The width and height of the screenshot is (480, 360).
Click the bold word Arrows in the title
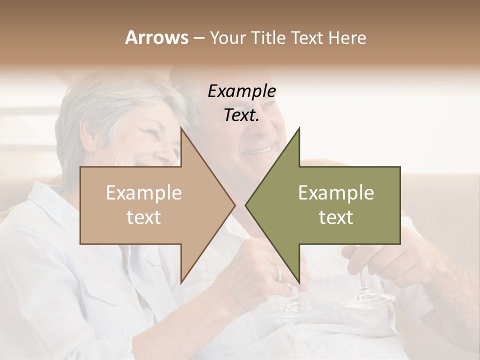coord(157,37)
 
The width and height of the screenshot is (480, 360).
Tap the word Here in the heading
coord(347,37)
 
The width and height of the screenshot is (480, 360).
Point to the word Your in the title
coord(227,37)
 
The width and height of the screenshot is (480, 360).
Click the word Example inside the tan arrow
coord(144,193)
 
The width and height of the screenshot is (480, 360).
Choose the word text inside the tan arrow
coord(144,217)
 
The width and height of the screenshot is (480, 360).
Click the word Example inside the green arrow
coord(336,193)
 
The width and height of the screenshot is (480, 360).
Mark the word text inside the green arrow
coord(336,217)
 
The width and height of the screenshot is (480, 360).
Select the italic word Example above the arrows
coord(242,91)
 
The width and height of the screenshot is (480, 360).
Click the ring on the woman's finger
coord(278,273)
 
